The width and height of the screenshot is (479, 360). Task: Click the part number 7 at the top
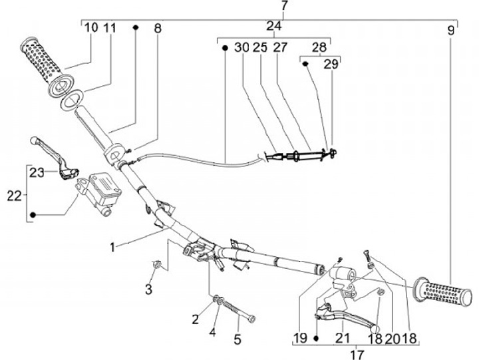tap(284, 7)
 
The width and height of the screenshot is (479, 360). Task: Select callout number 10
tap(91, 28)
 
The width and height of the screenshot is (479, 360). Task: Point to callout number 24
tap(274, 26)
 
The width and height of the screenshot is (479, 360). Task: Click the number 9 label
tap(452, 30)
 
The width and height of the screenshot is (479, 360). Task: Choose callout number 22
tap(14, 195)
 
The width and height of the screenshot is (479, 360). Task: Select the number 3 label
tap(148, 289)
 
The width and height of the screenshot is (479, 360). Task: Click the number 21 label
tap(343, 338)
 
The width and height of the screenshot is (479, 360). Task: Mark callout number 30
tap(241, 48)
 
